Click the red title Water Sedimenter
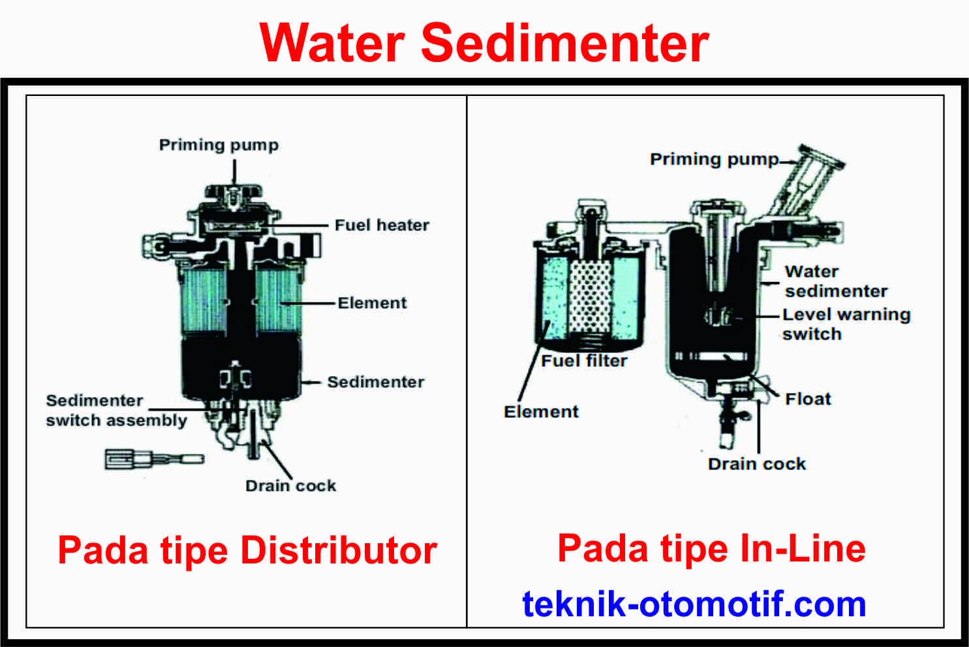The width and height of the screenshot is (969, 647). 484,43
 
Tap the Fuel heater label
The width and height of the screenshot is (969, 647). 382,225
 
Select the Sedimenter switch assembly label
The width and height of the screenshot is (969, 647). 116,411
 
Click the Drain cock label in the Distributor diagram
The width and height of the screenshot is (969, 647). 290,486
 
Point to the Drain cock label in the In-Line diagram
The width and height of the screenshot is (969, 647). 757,464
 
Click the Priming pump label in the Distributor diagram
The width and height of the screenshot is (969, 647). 219,145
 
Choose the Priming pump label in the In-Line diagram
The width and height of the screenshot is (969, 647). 714,159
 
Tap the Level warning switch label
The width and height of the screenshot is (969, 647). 846,324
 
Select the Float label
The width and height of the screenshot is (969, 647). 808,399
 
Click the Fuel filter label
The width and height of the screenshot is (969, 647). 584,361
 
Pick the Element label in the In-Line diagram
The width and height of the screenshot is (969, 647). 541,412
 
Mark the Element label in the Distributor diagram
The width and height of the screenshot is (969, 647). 372,303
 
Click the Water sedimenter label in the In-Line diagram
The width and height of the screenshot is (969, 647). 836,281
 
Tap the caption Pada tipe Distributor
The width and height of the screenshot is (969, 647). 247,550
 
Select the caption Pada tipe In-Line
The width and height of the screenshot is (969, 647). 711,548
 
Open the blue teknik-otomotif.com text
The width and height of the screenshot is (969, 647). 694,604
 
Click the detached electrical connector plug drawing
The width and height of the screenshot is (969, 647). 154,458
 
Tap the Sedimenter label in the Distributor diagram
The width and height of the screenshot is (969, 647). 375,382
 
